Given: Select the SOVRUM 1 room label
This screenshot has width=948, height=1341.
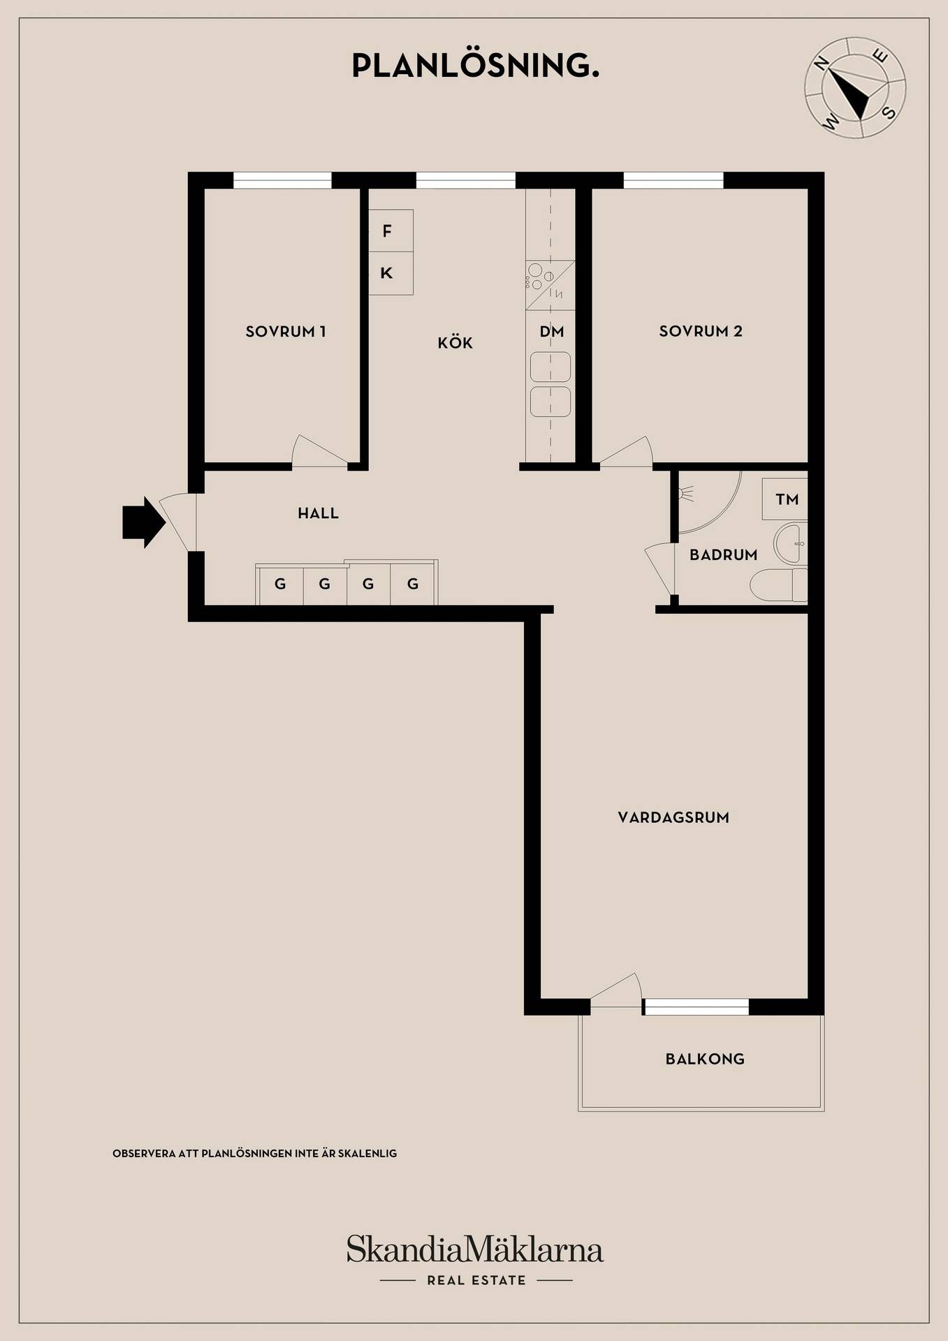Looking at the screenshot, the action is [286, 332].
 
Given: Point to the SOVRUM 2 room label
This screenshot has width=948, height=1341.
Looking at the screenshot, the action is [701, 331].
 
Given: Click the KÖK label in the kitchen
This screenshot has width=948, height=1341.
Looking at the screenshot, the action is [455, 342].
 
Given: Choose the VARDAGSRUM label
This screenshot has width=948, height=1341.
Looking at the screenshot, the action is [673, 817].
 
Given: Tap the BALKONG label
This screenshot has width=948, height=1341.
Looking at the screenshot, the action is [705, 1059].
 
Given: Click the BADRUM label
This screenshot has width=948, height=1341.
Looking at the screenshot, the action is [724, 555].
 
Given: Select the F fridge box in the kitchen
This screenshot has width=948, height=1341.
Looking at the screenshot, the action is [391, 230].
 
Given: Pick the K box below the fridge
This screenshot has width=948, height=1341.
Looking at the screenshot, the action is [391, 273].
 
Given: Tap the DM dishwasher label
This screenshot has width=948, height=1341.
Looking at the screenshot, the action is [552, 332].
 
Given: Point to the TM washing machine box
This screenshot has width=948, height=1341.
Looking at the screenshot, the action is [785, 499].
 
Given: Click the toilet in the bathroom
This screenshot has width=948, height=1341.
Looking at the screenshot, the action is [779, 585].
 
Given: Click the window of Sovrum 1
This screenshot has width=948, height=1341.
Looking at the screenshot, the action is [282, 180].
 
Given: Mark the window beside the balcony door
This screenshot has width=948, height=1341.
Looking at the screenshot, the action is [696, 1006].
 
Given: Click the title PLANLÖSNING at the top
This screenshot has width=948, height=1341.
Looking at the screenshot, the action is [475, 66].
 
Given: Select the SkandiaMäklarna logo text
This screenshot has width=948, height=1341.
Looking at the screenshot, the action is [475, 1249].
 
